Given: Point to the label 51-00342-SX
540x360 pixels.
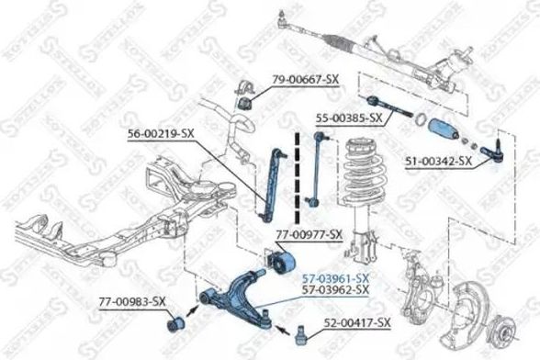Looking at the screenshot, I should tap(437, 161).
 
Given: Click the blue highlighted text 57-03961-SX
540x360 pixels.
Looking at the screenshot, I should tap(336, 277).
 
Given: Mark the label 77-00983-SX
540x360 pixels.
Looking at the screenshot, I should tap(132, 301).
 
